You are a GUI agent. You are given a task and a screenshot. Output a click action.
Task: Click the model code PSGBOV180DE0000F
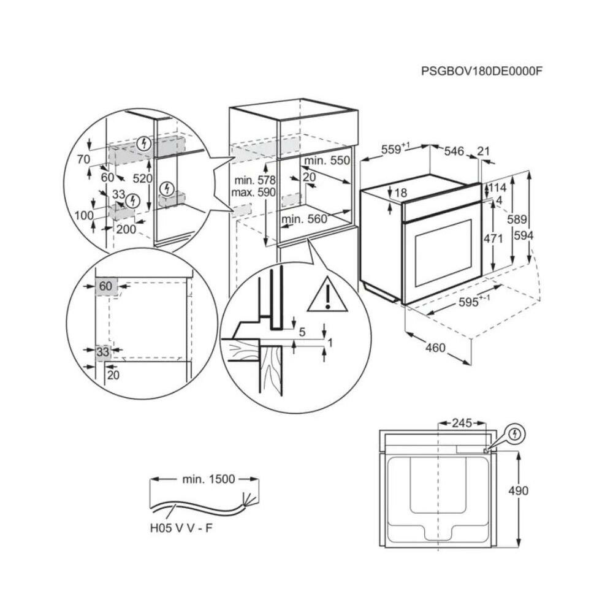(x=482, y=70)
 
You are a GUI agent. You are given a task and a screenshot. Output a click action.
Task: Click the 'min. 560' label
(x=303, y=219)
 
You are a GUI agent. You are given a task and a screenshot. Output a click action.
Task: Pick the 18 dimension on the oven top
(x=400, y=193)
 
